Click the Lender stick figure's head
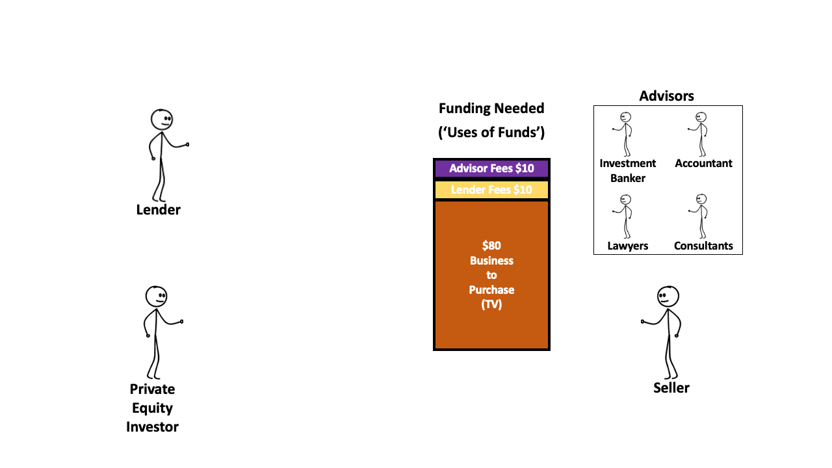click(x=162, y=119)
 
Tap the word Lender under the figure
click(x=158, y=209)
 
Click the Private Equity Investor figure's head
click(x=156, y=296)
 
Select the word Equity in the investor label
click(x=152, y=408)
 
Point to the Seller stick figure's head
click(x=668, y=296)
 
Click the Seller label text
click(x=671, y=387)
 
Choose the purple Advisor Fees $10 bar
click(x=491, y=168)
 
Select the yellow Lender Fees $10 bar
click(x=491, y=190)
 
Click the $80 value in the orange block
click(x=491, y=246)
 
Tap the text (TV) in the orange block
click(x=491, y=304)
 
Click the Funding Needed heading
click(x=491, y=108)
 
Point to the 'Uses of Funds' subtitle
click(x=491, y=133)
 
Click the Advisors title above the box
click(x=666, y=96)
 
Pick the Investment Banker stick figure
click(x=625, y=133)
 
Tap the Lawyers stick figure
click(x=625, y=216)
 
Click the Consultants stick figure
click(x=701, y=216)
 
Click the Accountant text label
click(x=703, y=163)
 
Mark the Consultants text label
click(x=703, y=246)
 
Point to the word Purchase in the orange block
click(x=491, y=290)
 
